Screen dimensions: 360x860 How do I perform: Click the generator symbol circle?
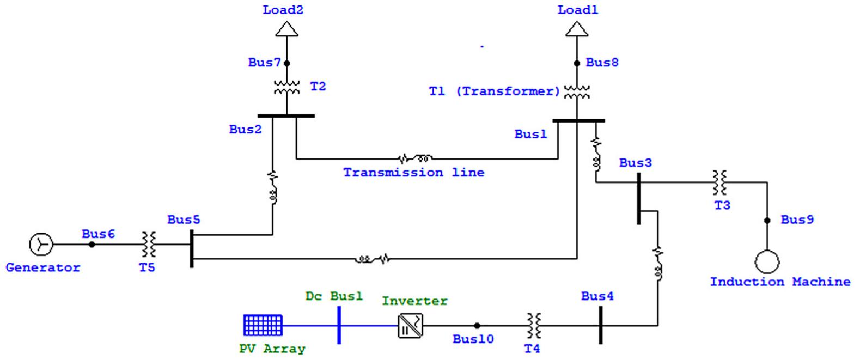tap(41, 245)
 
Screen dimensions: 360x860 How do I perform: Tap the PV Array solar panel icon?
tap(263, 325)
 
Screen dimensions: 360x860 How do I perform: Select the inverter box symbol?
tap(410, 326)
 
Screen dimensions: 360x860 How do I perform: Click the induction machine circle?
tap(767, 262)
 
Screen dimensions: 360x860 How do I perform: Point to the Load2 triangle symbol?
tap(287, 29)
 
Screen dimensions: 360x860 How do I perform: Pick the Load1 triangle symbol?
tap(577, 29)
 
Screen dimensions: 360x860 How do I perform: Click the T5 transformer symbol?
tap(149, 245)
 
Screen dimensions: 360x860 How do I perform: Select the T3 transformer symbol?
tap(720, 182)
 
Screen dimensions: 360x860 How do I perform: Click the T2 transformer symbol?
tap(286, 87)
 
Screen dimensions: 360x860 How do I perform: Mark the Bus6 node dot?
tap(92, 245)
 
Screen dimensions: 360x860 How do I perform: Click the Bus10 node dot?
tap(477, 326)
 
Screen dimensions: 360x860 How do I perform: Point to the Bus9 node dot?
tap(767, 221)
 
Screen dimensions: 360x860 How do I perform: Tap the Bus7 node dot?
tap(287, 63)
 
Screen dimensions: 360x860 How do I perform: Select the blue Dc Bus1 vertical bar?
tap(339, 325)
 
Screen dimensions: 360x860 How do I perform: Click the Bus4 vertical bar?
tap(601, 325)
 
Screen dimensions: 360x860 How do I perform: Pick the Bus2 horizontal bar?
tap(286, 115)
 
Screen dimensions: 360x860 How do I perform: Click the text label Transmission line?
tap(413, 173)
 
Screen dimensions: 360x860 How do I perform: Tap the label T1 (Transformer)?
tap(494, 91)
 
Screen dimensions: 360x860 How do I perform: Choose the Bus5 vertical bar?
tap(192, 248)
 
